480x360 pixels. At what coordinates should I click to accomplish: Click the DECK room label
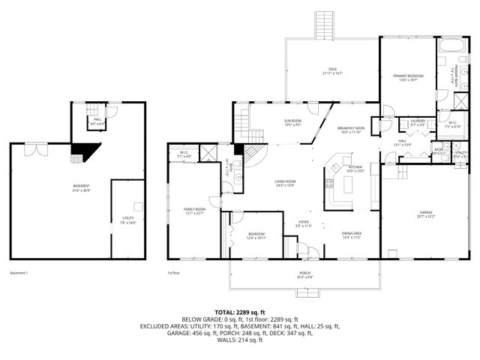(x=331, y=70)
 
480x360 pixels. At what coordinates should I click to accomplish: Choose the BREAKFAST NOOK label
(x=350, y=128)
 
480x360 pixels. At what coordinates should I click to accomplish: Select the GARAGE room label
(x=426, y=214)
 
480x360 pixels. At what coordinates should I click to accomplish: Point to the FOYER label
(x=304, y=222)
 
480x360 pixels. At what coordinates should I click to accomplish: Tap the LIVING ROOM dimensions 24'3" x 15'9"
(x=285, y=185)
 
